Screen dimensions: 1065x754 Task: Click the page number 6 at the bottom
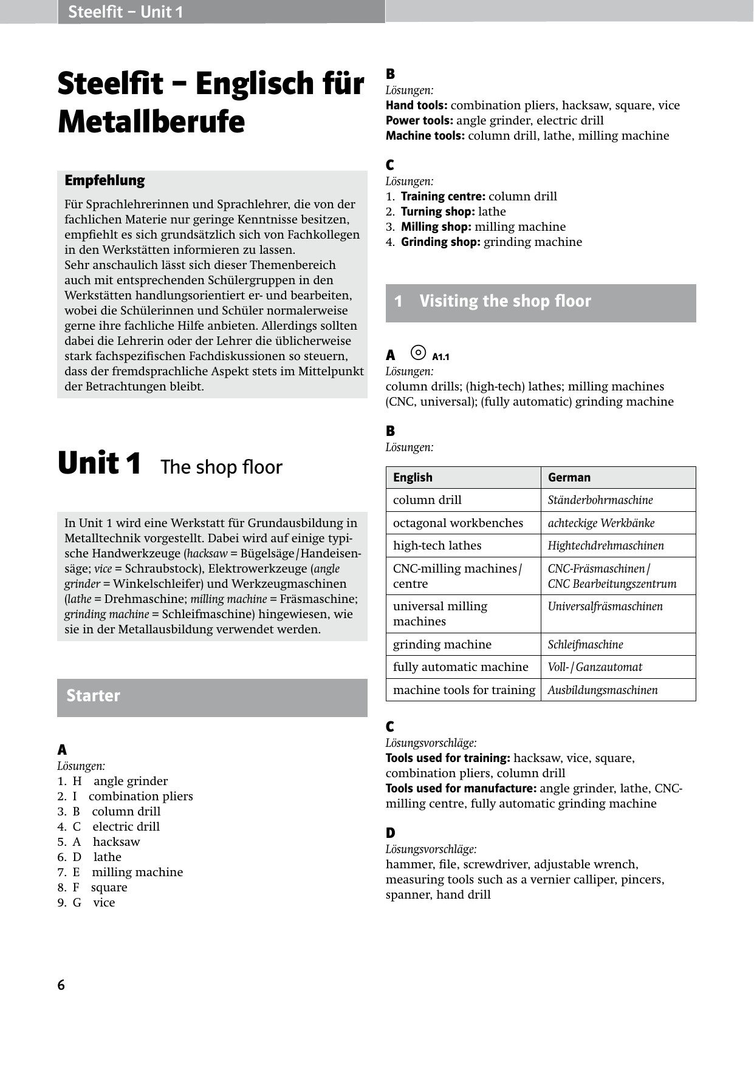[x=61, y=985]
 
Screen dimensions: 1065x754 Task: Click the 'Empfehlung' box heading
[x=105, y=180]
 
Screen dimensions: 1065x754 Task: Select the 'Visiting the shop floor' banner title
[x=505, y=301]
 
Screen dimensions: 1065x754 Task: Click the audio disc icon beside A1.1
[x=418, y=353]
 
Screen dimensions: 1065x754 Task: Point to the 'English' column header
[x=413, y=477]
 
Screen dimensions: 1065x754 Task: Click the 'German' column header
[x=569, y=477]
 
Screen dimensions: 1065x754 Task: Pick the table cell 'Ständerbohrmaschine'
[x=600, y=500]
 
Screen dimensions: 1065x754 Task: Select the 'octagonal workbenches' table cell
[x=458, y=523]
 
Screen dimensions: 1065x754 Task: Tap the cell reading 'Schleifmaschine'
[x=585, y=644]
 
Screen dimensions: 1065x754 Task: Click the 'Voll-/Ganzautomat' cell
[x=595, y=667]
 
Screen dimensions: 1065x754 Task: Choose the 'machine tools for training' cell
[x=464, y=690]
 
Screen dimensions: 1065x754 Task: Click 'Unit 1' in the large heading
[x=100, y=464]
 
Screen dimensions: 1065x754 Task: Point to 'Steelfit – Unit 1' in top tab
[x=125, y=12]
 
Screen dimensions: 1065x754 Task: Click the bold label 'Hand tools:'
[x=417, y=105]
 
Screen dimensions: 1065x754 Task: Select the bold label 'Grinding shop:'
[x=440, y=242]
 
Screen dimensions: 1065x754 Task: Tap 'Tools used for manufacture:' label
[x=461, y=788]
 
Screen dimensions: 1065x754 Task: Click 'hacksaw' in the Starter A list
[x=117, y=842]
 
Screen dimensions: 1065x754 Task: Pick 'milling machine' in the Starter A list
[x=137, y=872]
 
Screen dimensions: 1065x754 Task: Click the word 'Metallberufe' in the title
[x=151, y=121]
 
